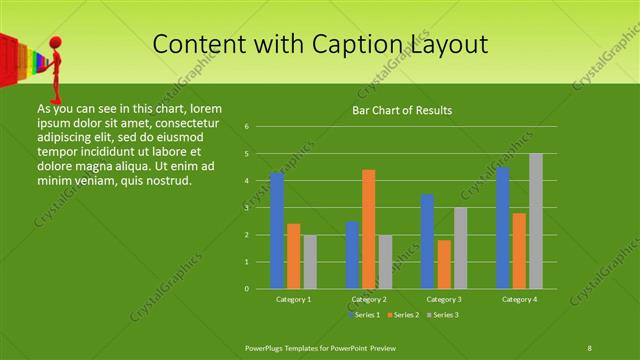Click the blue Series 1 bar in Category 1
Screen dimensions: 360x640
277,231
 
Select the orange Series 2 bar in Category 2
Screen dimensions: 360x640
369,229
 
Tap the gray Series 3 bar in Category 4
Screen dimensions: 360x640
536,221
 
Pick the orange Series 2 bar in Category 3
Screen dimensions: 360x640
444,264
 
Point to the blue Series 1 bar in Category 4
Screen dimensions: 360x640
503,228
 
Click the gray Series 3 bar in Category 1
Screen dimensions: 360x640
310,262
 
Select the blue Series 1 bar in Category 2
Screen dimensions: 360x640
352,255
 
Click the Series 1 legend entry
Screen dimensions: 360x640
365,315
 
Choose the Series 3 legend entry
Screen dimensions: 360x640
443,315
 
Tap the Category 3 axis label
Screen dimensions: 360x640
444,299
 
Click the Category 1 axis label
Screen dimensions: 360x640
294,299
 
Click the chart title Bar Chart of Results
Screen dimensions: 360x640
402,110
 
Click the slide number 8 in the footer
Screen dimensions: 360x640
590,347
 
